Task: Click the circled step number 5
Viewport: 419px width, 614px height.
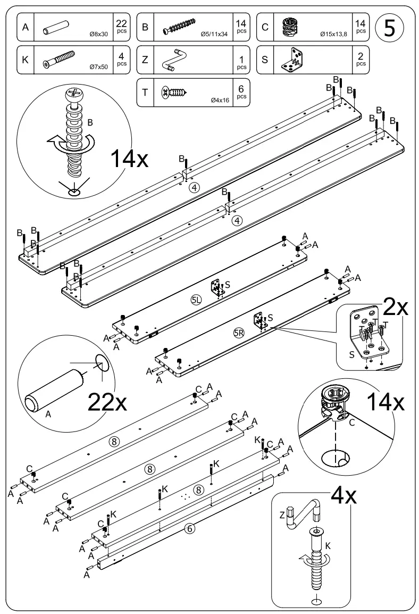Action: [x=389, y=27]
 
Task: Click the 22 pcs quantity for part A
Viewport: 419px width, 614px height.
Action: [x=121, y=27]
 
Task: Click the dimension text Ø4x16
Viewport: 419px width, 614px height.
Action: [x=220, y=99]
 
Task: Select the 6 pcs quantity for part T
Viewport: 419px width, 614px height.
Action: [x=241, y=92]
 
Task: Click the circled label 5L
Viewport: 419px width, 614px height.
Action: [x=197, y=301]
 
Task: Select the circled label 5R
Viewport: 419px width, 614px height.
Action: [x=239, y=333]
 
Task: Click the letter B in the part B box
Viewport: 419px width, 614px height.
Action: [x=146, y=27]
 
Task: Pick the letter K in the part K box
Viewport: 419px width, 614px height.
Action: [x=25, y=59]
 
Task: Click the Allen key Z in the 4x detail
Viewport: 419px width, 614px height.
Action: [x=301, y=511]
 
